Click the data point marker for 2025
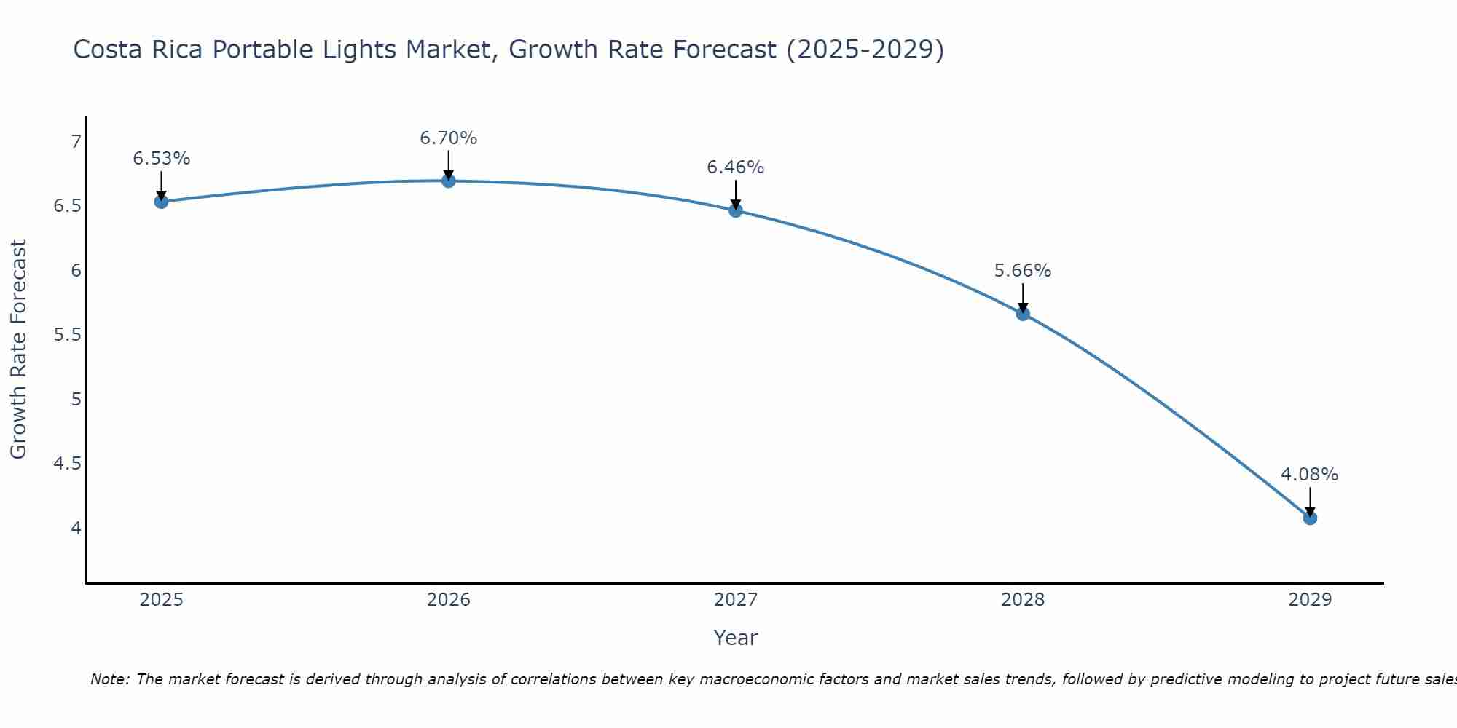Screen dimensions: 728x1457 click(x=162, y=202)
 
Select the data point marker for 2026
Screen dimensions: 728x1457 click(x=449, y=181)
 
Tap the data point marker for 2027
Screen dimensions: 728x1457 click(x=736, y=210)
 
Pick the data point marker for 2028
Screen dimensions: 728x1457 click(x=1023, y=314)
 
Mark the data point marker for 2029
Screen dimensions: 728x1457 click(x=1310, y=518)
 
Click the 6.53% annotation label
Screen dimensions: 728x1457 click(x=162, y=159)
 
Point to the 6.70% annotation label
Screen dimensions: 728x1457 click(x=449, y=138)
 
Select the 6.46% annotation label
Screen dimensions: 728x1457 click(x=736, y=167)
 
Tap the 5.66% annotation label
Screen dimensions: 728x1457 click(x=1023, y=271)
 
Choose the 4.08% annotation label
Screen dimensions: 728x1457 click(x=1310, y=475)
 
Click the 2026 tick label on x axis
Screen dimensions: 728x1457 click(x=449, y=600)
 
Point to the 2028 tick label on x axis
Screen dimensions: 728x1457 click(x=1023, y=600)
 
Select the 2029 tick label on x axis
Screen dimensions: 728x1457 click(x=1310, y=600)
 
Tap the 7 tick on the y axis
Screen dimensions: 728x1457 click(x=76, y=141)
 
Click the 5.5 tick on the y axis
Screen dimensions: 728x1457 click(x=68, y=335)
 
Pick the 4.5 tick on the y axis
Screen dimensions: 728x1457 click(x=68, y=464)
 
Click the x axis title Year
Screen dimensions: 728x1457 click(x=736, y=638)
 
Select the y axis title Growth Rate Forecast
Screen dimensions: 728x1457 click(x=18, y=349)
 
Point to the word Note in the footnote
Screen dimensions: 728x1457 click(x=109, y=679)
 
